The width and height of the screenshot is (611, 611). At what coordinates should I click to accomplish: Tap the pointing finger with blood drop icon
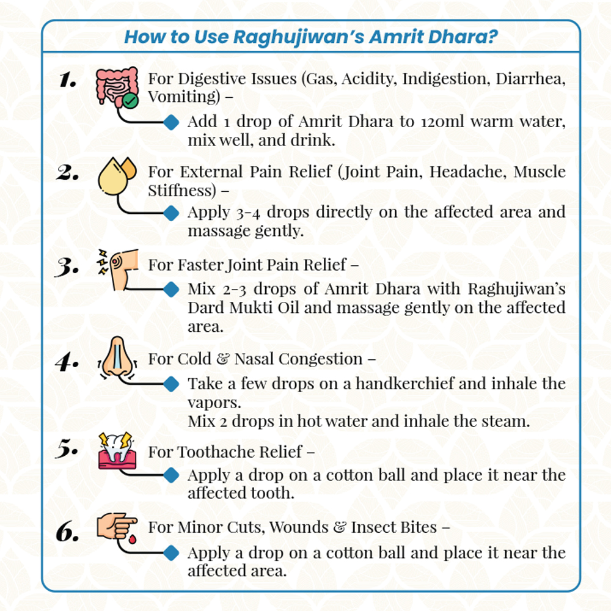[116, 526]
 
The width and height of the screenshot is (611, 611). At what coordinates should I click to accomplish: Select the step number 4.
[67, 362]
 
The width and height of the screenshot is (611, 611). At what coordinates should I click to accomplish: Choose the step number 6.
[68, 532]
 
